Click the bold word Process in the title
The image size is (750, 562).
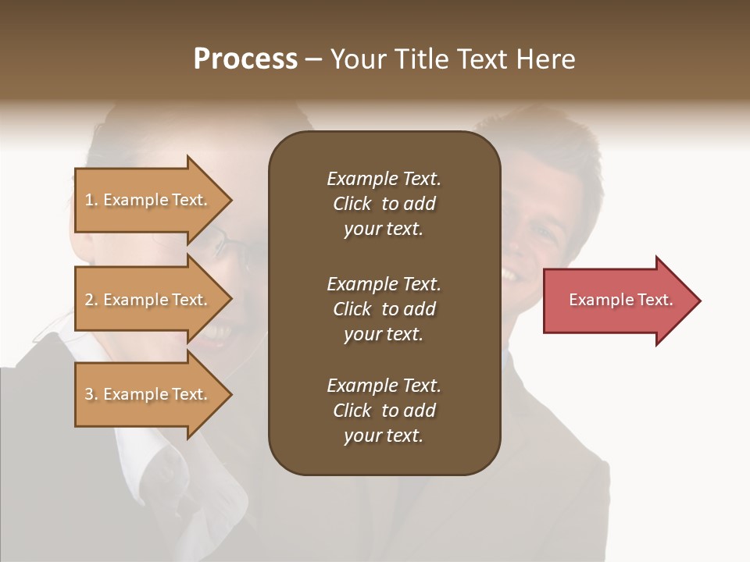[x=245, y=59]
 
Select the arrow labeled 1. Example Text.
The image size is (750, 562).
[x=148, y=200]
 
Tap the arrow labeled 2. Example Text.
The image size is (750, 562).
[x=148, y=300]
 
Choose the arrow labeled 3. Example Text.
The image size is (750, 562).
[x=148, y=394]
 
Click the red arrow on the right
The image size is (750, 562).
[x=617, y=301]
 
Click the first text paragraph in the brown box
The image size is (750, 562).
[x=384, y=204]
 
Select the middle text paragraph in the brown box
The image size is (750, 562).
[x=384, y=309]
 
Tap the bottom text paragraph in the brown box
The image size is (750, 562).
[x=384, y=411]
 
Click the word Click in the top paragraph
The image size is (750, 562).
[x=352, y=204]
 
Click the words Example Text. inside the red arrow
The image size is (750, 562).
[x=620, y=300]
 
